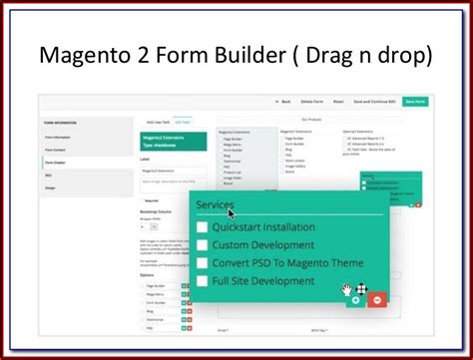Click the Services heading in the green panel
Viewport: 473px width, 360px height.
216,205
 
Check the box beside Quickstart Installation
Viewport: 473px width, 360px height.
202,227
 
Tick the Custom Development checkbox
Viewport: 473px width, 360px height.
202,245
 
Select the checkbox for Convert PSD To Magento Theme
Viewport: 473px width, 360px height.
202,264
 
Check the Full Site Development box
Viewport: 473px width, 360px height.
202,282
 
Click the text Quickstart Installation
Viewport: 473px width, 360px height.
263,227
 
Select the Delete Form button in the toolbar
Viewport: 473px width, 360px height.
311,102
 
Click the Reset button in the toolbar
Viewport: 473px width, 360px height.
338,102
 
